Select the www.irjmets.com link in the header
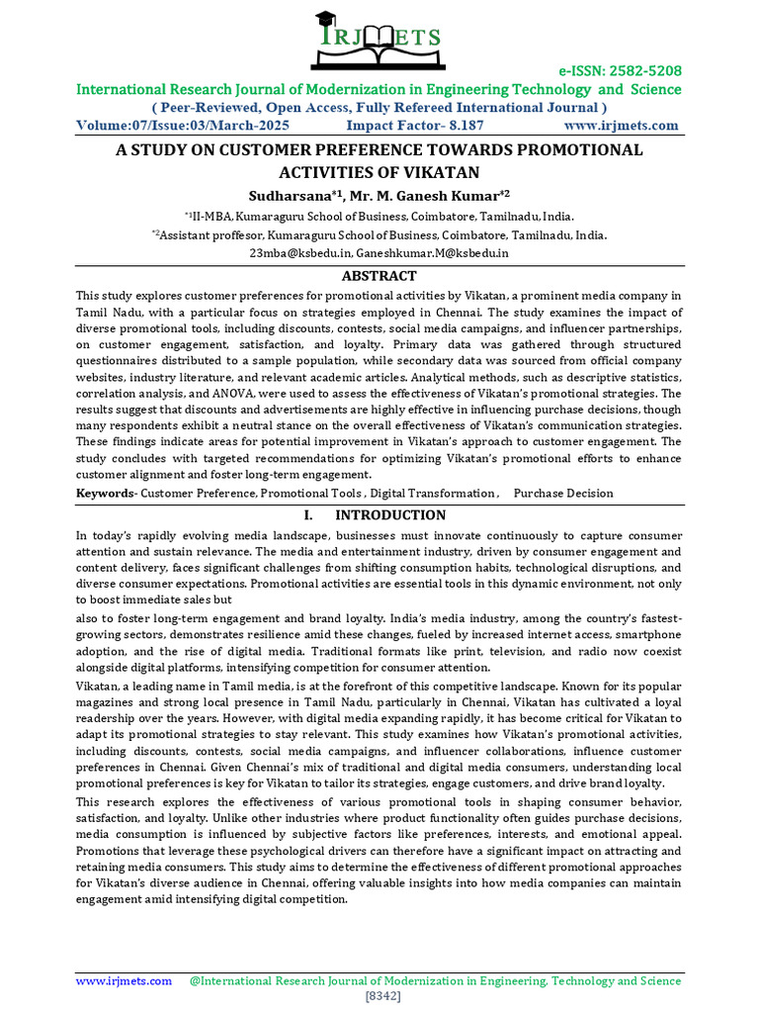click(x=621, y=126)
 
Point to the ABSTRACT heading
click(x=379, y=276)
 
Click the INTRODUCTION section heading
click(x=390, y=514)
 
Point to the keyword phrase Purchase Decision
click(x=563, y=493)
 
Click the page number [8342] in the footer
click(x=382, y=995)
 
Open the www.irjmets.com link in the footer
click(x=125, y=980)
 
